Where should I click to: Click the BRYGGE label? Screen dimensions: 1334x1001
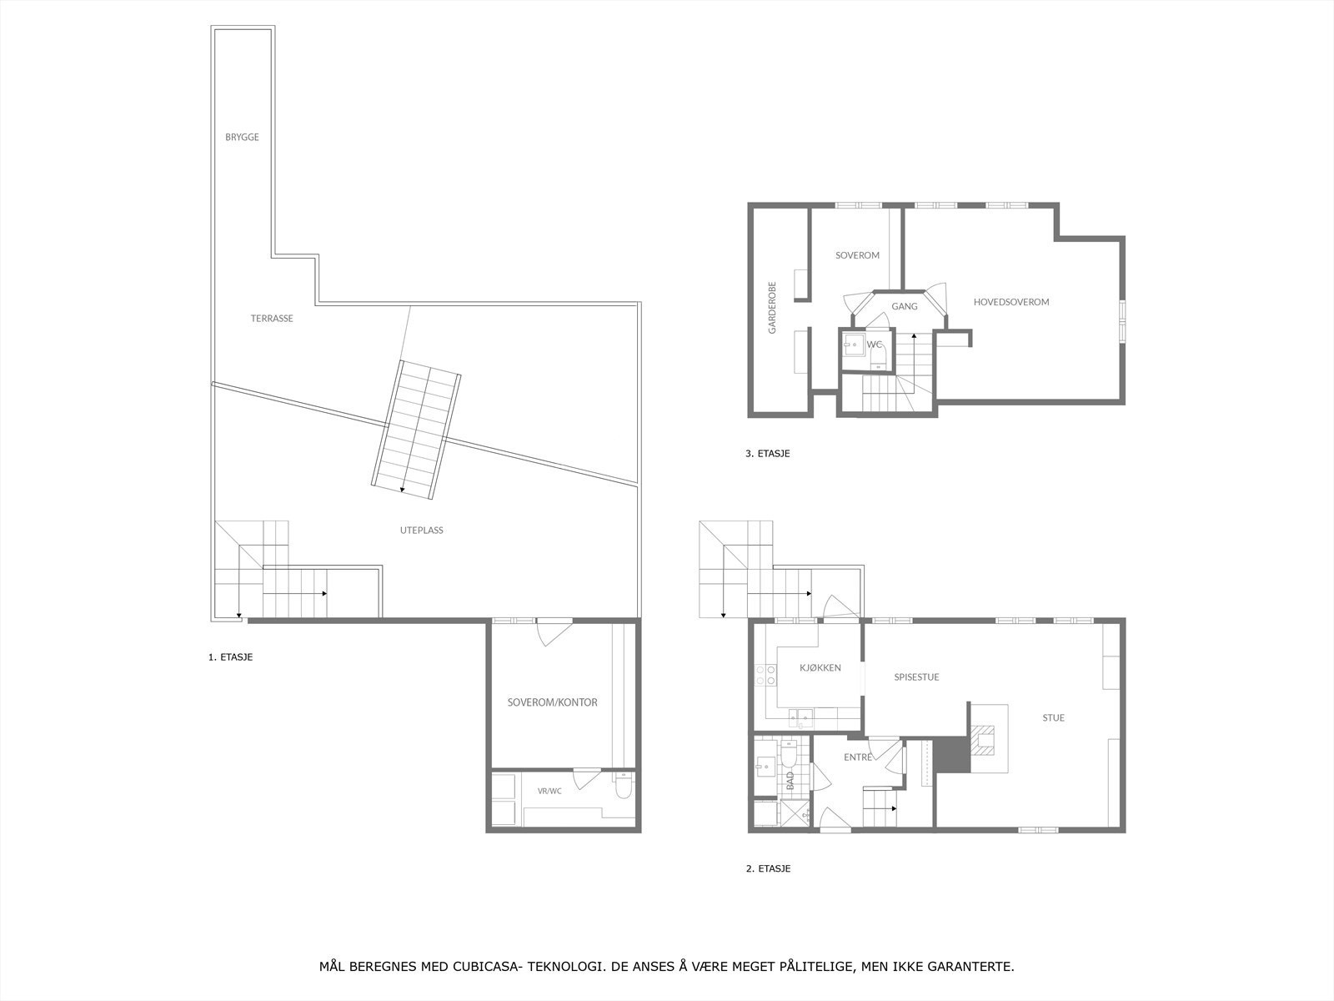pyautogui.click(x=242, y=138)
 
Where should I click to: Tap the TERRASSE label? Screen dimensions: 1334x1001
pyautogui.click(x=272, y=319)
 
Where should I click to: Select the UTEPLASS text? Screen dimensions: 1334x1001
pyautogui.click(x=421, y=531)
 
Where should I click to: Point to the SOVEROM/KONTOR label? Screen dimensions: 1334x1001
pyautogui.click(x=553, y=702)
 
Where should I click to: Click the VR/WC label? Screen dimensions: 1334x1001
pyautogui.click(x=549, y=792)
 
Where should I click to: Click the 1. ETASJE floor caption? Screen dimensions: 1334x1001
pyautogui.click(x=230, y=657)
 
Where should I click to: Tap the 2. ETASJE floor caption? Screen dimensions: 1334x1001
pyautogui.click(x=768, y=868)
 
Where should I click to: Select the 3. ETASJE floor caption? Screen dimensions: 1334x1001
pyautogui.click(x=768, y=454)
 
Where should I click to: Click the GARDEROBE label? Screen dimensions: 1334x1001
pyautogui.click(x=772, y=308)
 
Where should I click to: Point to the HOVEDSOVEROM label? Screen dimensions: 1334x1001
pyautogui.click(x=1011, y=302)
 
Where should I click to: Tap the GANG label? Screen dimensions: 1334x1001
pyautogui.click(x=905, y=306)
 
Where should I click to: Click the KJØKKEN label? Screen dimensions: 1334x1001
pyautogui.click(x=820, y=668)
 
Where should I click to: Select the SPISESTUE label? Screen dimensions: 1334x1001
pyautogui.click(x=916, y=677)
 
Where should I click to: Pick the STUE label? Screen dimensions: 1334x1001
pyautogui.click(x=1053, y=717)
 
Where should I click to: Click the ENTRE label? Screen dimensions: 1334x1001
pyautogui.click(x=858, y=757)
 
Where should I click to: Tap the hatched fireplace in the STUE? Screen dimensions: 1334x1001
pyautogui.click(x=982, y=740)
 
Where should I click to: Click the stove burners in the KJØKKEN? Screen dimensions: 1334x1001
pyautogui.click(x=765, y=675)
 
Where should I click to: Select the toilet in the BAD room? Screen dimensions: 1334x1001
pyautogui.click(x=790, y=753)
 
